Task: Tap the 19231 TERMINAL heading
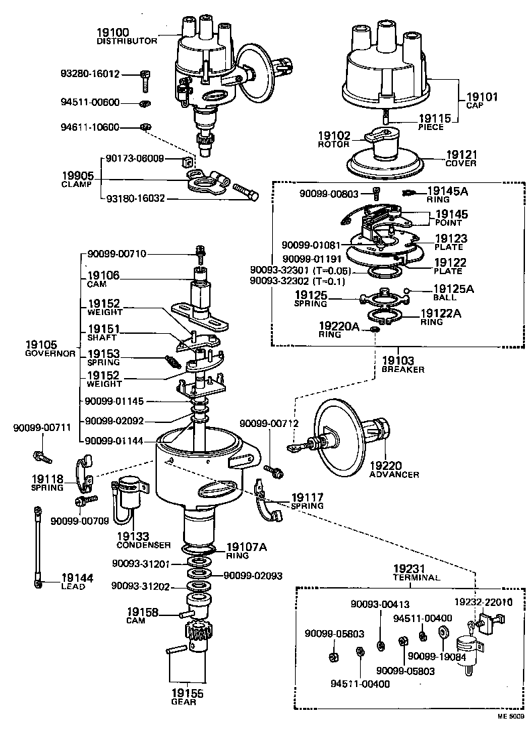(x=416, y=572)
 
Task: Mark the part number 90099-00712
(x=268, y=424)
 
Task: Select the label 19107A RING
(x=246, y=550)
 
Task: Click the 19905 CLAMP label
(x=78, y=178)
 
